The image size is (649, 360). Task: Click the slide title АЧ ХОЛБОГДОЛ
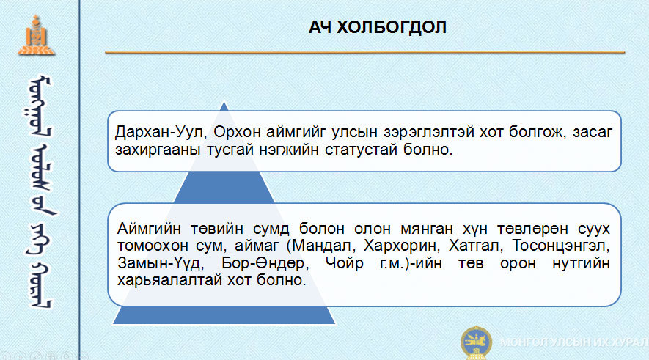(378, 27)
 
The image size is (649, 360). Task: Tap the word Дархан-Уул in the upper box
(158, 132)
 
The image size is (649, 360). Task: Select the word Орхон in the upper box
(237, 133)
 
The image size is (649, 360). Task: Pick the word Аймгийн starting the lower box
(149, 229)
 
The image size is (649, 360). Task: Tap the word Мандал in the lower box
(323, 246)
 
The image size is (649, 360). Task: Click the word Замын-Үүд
(160, 263)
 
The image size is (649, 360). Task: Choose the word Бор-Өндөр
(265, 263)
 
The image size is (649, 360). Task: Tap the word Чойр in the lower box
(345, 263)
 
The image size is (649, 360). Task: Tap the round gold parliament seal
(476, 342)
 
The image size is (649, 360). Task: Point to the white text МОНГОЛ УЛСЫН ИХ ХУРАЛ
(574, 342)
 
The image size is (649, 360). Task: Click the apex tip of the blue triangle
(224, 102)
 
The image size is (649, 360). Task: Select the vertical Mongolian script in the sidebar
(40, 191)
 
